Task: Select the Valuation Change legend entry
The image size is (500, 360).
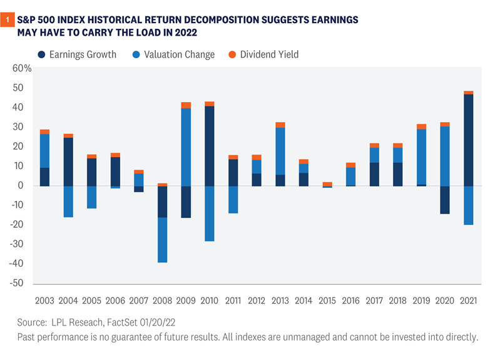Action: (179, 54)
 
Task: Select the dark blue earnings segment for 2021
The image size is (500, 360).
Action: (468, 140)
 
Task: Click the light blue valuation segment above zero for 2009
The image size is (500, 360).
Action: (186, 147)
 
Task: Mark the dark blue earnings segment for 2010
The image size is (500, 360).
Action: (209, 146)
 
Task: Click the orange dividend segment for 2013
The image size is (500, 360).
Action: (280, 125)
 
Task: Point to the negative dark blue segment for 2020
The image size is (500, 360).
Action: (444, 200)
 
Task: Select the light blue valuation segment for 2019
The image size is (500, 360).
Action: (421, 157)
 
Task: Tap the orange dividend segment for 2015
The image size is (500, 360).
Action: (327, 184)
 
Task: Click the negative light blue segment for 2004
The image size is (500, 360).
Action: (68, 201)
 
